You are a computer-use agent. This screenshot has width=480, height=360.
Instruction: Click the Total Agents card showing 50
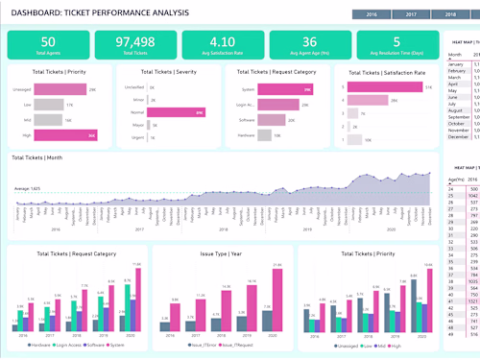coord(48,44)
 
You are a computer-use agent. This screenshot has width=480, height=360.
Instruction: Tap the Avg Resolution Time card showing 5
coord(396,44)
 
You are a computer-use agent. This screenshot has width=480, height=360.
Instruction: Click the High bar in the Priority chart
coord(81,135)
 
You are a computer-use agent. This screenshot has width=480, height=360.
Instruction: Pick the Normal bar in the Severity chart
coord(182,112)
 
